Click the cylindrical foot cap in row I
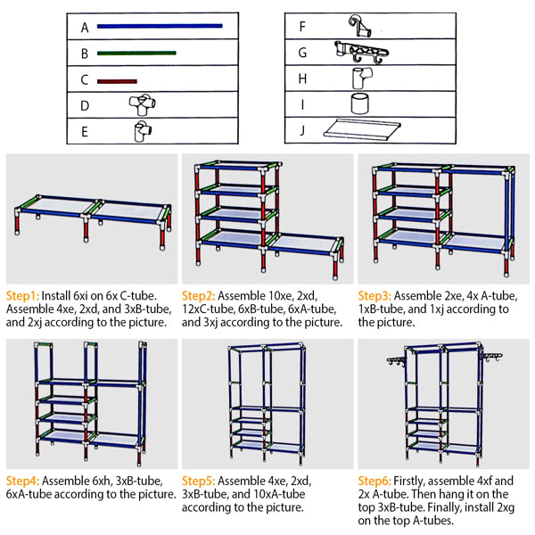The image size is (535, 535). click(359, 103)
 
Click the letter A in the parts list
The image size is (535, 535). click(86, 28)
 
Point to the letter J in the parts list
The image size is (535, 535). click(302, 130)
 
